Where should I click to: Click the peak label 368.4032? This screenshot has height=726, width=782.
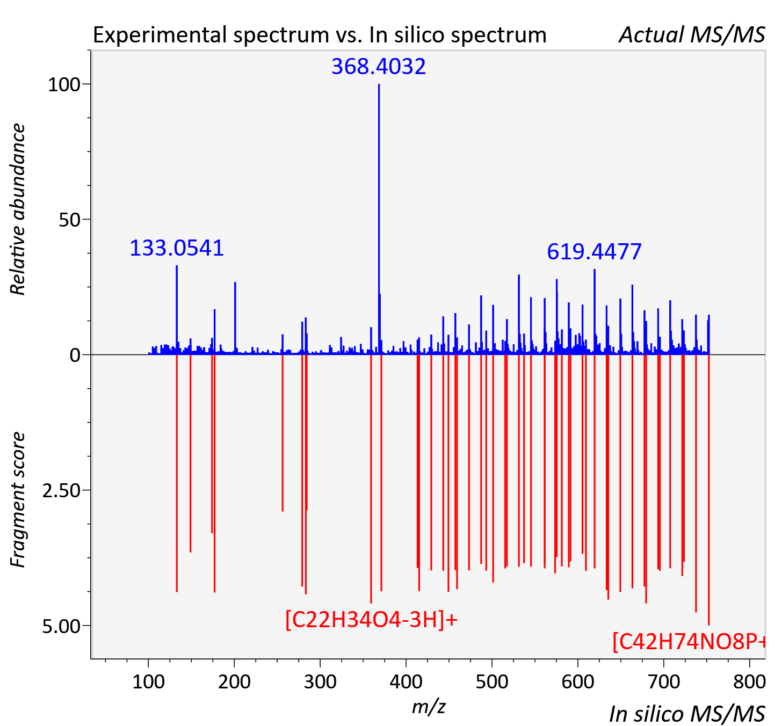click(379, 67)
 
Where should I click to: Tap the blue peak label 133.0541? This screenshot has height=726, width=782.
click(176, 249)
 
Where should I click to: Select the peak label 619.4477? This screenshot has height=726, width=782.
click(594, 252)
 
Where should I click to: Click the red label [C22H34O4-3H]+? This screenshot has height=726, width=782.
click(371, 619)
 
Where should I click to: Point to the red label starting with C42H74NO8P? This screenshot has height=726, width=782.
click(689, 642)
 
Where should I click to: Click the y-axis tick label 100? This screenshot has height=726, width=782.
click(64, 85)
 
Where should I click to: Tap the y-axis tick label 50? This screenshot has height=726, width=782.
click(69, 220)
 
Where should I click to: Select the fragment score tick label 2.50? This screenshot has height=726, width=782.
click(61, 491)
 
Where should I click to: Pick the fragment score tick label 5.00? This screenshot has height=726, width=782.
click(61, 626)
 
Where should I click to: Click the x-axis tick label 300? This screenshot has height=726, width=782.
click(320, 681)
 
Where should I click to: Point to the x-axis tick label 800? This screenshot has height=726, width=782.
click(749, 681)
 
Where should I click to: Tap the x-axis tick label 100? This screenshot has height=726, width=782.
click(148, 681)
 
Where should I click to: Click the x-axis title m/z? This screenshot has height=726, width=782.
click(429, 706)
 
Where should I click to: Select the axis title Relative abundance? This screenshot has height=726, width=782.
click(18, 209)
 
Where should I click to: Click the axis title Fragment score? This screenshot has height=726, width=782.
click(18, 499)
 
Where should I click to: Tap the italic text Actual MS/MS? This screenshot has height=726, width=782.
click(692, 35)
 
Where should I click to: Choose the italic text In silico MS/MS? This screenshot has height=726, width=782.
click(687, 714)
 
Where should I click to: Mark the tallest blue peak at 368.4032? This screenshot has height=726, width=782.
click(379, 219)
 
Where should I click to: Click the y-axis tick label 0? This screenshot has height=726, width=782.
click(75, 355)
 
